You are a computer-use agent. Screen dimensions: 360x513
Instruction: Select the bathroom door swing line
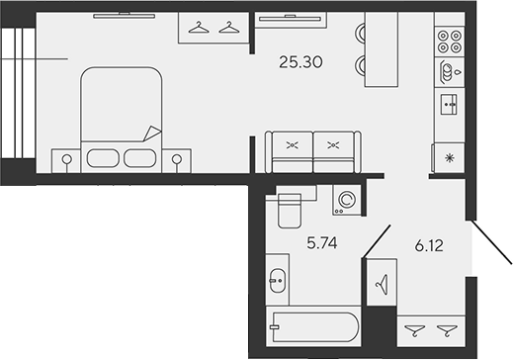(x=374, y=241)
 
